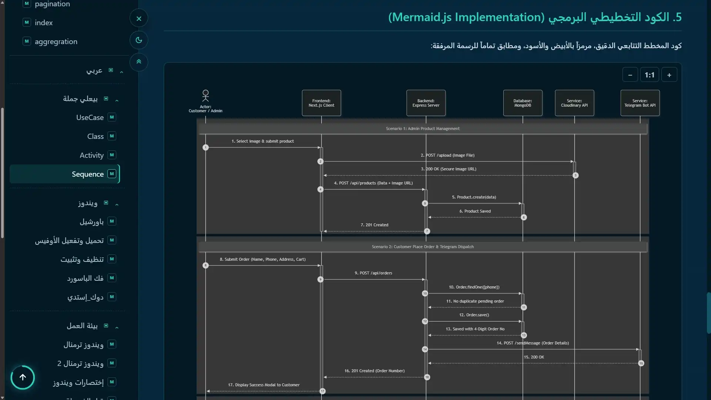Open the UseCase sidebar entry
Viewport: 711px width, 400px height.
90,117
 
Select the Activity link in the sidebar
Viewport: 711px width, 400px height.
91,155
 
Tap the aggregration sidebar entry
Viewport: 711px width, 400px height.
56,41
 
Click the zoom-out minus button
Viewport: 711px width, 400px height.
630,75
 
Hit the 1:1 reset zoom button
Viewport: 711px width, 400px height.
650,75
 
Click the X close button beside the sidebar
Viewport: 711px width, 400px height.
139,19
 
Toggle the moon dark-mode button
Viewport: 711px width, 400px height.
139,40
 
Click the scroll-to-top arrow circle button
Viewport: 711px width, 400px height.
23,377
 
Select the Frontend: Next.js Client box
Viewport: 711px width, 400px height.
321,103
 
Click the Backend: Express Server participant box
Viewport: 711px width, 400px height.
426,103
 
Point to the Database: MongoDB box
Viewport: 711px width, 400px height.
523,103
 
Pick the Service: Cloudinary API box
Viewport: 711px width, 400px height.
574,103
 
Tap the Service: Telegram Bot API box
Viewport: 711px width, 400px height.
640,103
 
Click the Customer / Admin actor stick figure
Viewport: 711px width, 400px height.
206,96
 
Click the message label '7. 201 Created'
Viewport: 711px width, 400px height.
374,225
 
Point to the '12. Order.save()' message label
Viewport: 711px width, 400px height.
474,315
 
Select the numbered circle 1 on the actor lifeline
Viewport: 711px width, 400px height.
206,147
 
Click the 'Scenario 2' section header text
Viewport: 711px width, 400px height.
423,247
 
